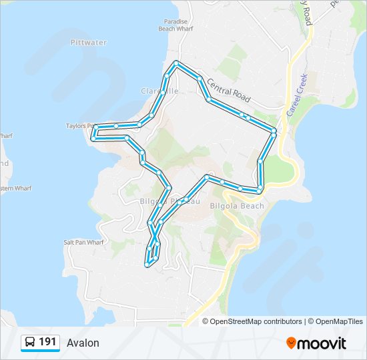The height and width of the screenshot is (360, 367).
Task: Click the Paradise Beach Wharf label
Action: (x=176, y=25)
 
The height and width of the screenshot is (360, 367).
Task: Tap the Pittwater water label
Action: (x=88, y=43)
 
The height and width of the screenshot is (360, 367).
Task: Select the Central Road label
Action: (x=228, y=91)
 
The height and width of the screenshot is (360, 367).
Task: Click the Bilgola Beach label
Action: (x=237, y=206)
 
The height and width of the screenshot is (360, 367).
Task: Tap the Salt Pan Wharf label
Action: (x=84, y=243)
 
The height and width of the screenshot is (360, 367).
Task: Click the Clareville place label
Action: (x=159, y=91)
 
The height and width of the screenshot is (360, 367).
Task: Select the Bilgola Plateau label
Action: (x=166, y=201)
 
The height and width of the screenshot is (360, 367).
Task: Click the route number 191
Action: (x=47, y=342)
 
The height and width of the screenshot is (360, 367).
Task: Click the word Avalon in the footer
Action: (x=83, y=343)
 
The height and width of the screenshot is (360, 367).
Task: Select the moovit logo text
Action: (x=322, y=343)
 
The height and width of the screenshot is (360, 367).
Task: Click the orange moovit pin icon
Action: (x=292, y=343)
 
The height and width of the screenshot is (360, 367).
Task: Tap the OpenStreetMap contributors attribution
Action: (x=256, y=321)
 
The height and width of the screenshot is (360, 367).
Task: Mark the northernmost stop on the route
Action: (x=176, y=63)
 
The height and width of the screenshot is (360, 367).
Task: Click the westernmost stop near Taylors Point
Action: (x=96, y=127)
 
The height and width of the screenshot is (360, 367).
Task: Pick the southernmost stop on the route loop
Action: (x=147, y=265)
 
